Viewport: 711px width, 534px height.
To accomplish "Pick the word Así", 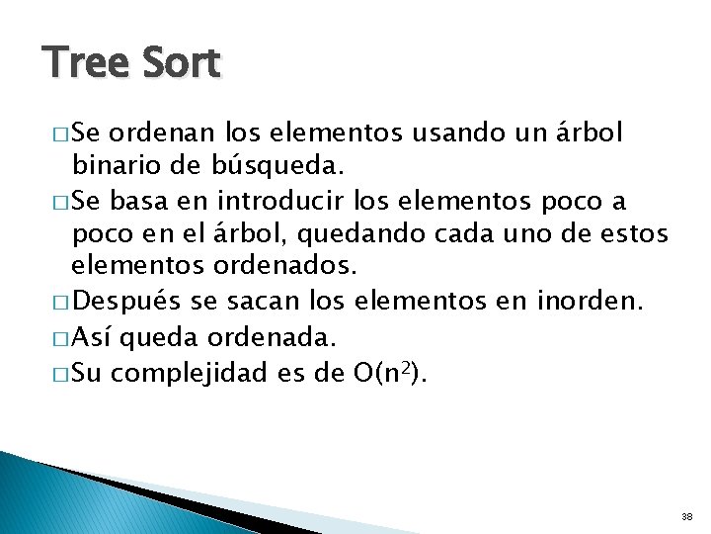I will [90, 337].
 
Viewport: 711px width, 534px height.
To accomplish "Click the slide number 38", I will [687, 516].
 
